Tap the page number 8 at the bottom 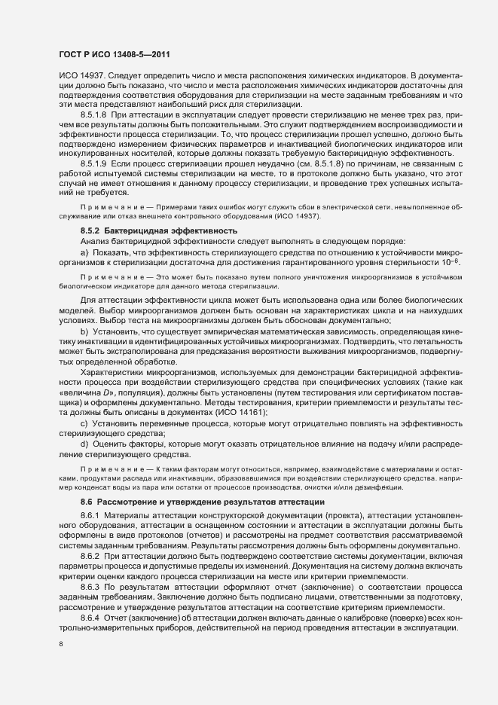coord(61,645)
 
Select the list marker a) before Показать coord(85,249)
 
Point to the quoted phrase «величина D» coord(87,392)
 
